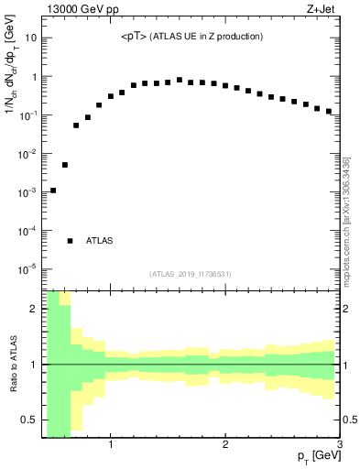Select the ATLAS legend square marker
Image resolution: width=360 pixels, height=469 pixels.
pyautogui.click(x=71, y=240)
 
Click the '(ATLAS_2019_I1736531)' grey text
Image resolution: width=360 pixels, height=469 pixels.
pyautogui.click(x=191, y=274)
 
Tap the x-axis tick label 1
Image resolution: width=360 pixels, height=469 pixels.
pyautogui.click(x=111, y=446)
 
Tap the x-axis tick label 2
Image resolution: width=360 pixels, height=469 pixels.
pyautogui.click(x=225, y=446)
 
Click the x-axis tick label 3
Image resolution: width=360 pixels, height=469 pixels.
pyautogui.click(x=339, y=446)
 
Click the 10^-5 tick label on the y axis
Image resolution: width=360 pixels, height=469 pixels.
pyautogui.click(x=27, y=269)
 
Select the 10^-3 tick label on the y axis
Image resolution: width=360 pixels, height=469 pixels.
pyautogui.click(x=27, y=192)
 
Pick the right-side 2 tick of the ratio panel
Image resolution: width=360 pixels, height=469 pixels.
pyautogui.click(x=348, y=309)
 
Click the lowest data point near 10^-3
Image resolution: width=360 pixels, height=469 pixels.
pyautogui.click(x=53, y=191)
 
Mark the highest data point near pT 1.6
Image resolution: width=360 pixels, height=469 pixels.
pyautogui.click(x=180, y=80)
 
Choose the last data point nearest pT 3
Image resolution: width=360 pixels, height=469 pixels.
pyautogui.click(x=328, y=111)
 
